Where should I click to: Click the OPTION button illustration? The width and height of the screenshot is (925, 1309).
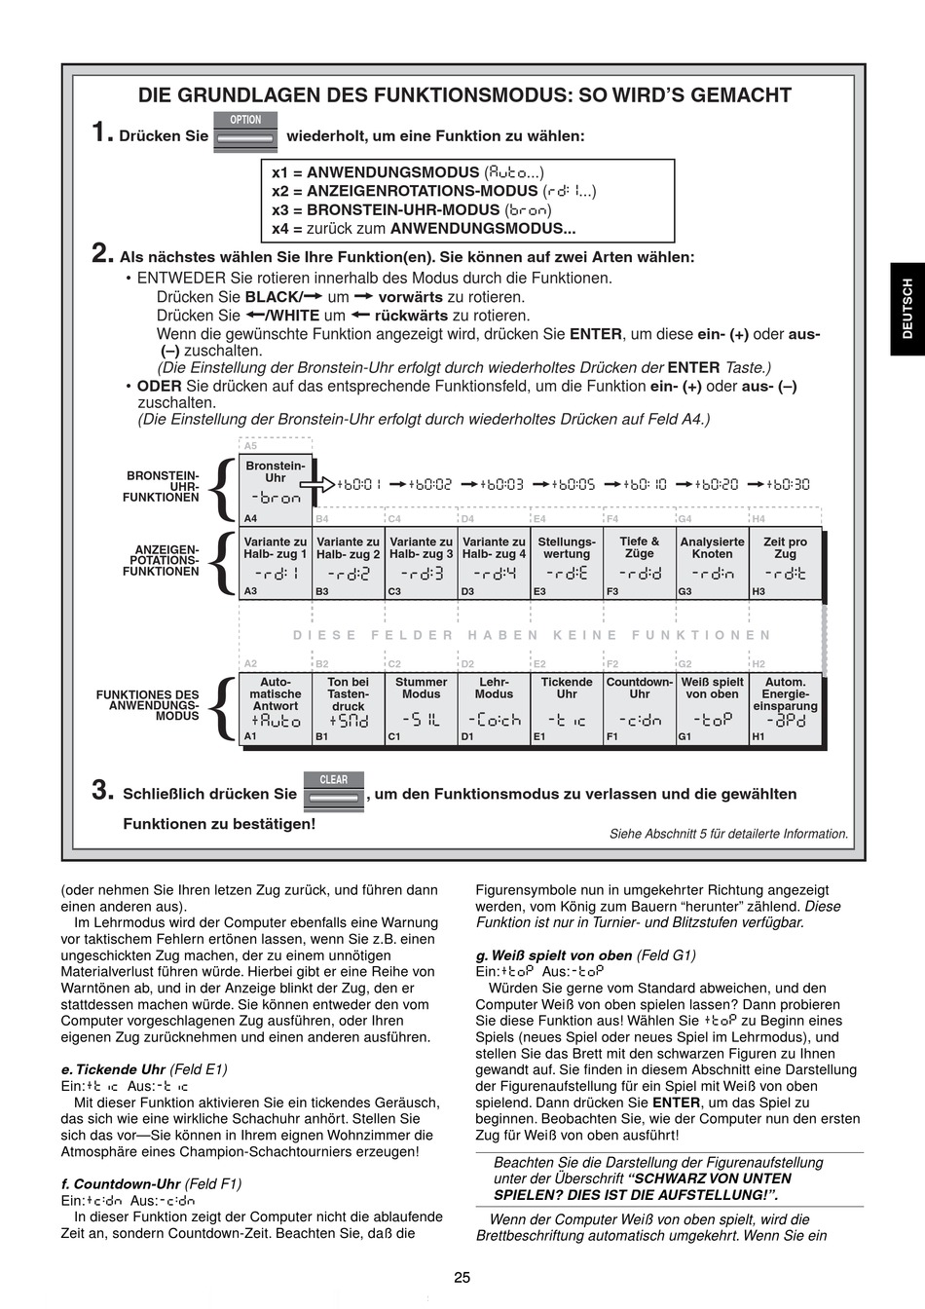pyautogui.click(x=245, y=131)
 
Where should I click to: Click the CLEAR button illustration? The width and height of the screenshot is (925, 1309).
pyautogui.click(x=333, y=790)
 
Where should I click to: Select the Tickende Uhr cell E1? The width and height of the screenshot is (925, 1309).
pyautogui.click(x=567, y=709)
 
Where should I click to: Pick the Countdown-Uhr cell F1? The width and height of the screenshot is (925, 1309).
pyautogui.click(x=640, y=709)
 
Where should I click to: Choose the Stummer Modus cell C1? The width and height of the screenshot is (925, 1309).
pyautogui.click(x=421, y=709)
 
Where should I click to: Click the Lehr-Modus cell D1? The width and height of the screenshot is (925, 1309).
pyautogui.click(x=494, y=709)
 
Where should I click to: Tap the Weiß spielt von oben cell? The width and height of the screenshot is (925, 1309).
pyautogui.click(x=712, y=709)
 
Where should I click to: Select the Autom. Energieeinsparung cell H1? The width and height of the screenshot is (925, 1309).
pyautogui.click(x=785, y=709)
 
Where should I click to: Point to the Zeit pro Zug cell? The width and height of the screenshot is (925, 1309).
pyautogui.click(x=785, y=563)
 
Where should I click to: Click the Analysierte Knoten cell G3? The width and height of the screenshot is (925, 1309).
pyautogui.click(x=712, y=563)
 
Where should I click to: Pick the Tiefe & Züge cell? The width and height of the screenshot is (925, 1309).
pyautogui.click(x=640, y=563)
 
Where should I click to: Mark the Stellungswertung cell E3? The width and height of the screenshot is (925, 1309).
pyautogui.click(x=567, y=563)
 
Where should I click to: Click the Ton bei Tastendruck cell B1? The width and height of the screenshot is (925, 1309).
pyautogui.click(x=348, y=709)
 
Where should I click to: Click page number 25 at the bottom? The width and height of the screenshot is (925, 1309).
pyautogui.click(x=462, y=1278)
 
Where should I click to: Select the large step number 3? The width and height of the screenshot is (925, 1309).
pyautogui.click(x=103, y=791)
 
